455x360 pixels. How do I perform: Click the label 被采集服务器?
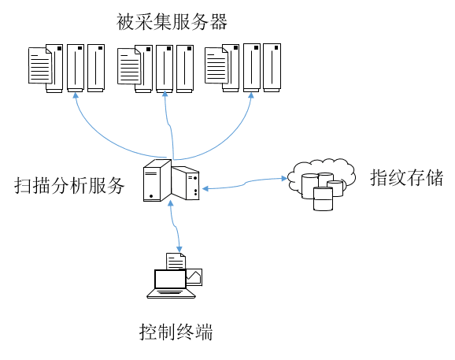coord(172,22)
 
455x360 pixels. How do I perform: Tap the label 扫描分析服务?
coord(69,185)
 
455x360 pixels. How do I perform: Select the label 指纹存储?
coord(406,177)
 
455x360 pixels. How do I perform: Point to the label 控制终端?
coord(176,332)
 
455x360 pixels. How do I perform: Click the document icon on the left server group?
coord(40,65)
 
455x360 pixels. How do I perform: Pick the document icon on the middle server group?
coord(129,66)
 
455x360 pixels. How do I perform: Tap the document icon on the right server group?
coord(216,65)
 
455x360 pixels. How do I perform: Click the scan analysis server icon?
coord(171,180)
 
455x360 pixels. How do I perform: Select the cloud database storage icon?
coord(321,184)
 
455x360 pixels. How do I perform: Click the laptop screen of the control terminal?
coord(170,279)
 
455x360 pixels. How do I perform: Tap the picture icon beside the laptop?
coord(194,277)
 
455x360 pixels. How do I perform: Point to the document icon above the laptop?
coord(176,262)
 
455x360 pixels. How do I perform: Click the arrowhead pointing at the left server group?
coord(76,95)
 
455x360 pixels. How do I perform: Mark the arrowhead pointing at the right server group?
coord(251,95)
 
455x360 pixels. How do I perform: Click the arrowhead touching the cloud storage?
coord(284,178)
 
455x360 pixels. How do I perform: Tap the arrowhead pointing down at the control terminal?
coord(179,249)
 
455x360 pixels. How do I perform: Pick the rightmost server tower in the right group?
coord(272,68)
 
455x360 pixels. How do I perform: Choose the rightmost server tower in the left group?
coord(96,69)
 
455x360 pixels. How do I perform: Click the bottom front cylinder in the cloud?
coord(323,199)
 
